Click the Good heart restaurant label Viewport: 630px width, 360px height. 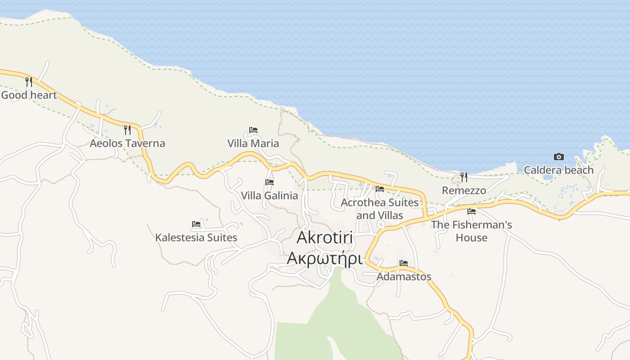point(29,95)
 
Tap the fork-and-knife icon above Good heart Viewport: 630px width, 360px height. point(29,81)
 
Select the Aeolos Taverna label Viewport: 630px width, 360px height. point(127,144)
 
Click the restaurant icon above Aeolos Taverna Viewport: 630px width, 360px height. point(127,130)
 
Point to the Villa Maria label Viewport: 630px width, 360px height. point(253,144)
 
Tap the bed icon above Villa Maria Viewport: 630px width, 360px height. point(253,130)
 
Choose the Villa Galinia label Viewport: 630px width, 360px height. point(269,195)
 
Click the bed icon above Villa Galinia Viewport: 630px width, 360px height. point(270,182)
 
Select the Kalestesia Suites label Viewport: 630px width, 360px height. point(196,237)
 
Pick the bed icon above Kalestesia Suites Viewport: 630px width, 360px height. point(196,224)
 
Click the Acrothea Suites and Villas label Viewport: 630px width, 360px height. point(380,209)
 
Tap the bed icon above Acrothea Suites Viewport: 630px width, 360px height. point(380,189)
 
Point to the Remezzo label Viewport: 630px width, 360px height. point(464,190)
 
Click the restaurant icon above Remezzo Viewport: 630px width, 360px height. point(464,177)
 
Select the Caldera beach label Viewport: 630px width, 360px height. point(558,170)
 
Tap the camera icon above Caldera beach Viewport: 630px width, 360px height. point(558,157)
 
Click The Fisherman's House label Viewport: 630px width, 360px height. point(472,231)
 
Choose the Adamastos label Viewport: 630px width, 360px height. point(404,276)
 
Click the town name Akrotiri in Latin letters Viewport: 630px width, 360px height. point(324,238)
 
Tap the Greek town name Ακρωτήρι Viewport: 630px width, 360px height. point(324,259)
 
